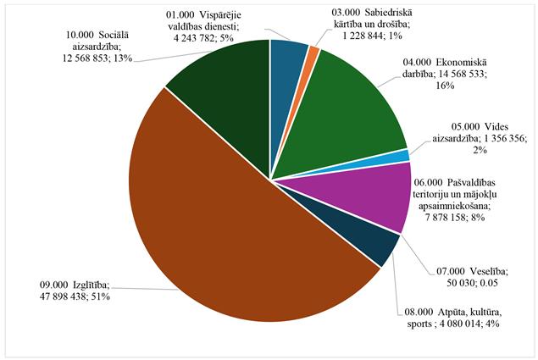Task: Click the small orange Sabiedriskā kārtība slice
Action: click(313, 53)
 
